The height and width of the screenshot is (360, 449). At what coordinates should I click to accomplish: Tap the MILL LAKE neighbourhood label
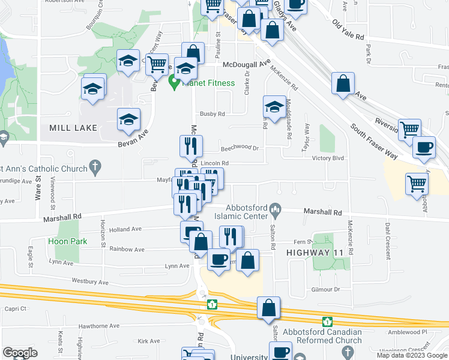(68, 128)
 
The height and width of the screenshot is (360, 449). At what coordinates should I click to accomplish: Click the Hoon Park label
(68, 242)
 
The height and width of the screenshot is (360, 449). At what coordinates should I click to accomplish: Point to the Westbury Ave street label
(90, 281)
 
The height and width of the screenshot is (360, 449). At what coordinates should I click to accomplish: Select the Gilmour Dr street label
(325, 289)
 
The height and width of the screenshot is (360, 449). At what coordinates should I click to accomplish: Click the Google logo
(20, 353)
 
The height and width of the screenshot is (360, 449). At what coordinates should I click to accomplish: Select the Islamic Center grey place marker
(276, 209)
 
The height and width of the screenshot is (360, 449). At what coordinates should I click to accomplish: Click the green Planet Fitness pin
(175, 83)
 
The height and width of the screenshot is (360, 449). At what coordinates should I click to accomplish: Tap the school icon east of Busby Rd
(274, 108)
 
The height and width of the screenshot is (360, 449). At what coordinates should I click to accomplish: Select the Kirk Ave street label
(149, 341)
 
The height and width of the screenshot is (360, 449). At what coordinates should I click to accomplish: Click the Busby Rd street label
(212, 113)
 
